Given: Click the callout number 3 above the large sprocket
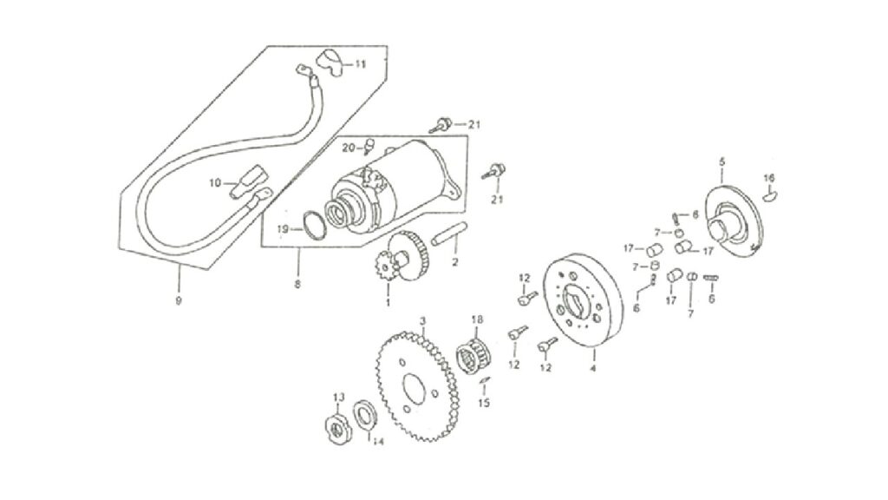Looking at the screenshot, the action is click(422, 321).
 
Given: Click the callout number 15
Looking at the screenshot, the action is click(484, 403).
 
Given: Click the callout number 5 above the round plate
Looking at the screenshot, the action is click(722, 161).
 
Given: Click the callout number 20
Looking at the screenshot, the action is click(349, 148).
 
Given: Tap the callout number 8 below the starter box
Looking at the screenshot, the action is click(298, 284).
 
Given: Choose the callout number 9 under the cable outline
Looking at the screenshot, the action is click(179, 301).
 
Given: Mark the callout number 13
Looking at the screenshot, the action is click(339, 397).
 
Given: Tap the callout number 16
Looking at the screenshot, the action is click(768, 178).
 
